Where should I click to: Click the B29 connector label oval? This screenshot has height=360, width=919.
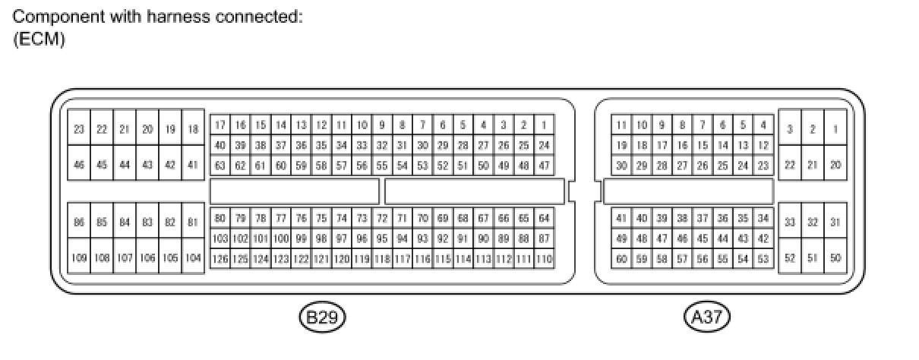click(322, 317)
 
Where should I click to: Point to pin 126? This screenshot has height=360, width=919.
click(220, 259)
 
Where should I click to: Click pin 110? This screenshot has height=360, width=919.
click(543, 259)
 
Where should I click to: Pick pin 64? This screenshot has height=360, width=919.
click(543, 219)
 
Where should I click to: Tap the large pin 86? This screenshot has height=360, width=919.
click(79, 222)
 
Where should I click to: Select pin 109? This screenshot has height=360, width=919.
click(79, 258)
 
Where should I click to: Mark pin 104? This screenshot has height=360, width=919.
click(193, 258)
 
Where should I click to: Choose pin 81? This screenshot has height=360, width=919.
click(193, 222)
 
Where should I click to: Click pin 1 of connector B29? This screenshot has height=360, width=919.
click(543, 125)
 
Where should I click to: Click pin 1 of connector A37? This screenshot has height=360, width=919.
click(835, 129)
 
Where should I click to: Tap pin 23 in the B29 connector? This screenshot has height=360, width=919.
click(79, 129)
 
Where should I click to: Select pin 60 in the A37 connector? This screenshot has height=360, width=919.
click(622, 259)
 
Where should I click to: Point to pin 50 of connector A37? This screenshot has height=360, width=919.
click(835, 258)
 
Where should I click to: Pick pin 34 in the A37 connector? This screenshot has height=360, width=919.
click(763, 219)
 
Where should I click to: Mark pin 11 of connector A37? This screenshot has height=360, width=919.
click(622, 125)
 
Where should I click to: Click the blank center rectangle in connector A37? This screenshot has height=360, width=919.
click(688, 191)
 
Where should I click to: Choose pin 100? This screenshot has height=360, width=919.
click(280, 238)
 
